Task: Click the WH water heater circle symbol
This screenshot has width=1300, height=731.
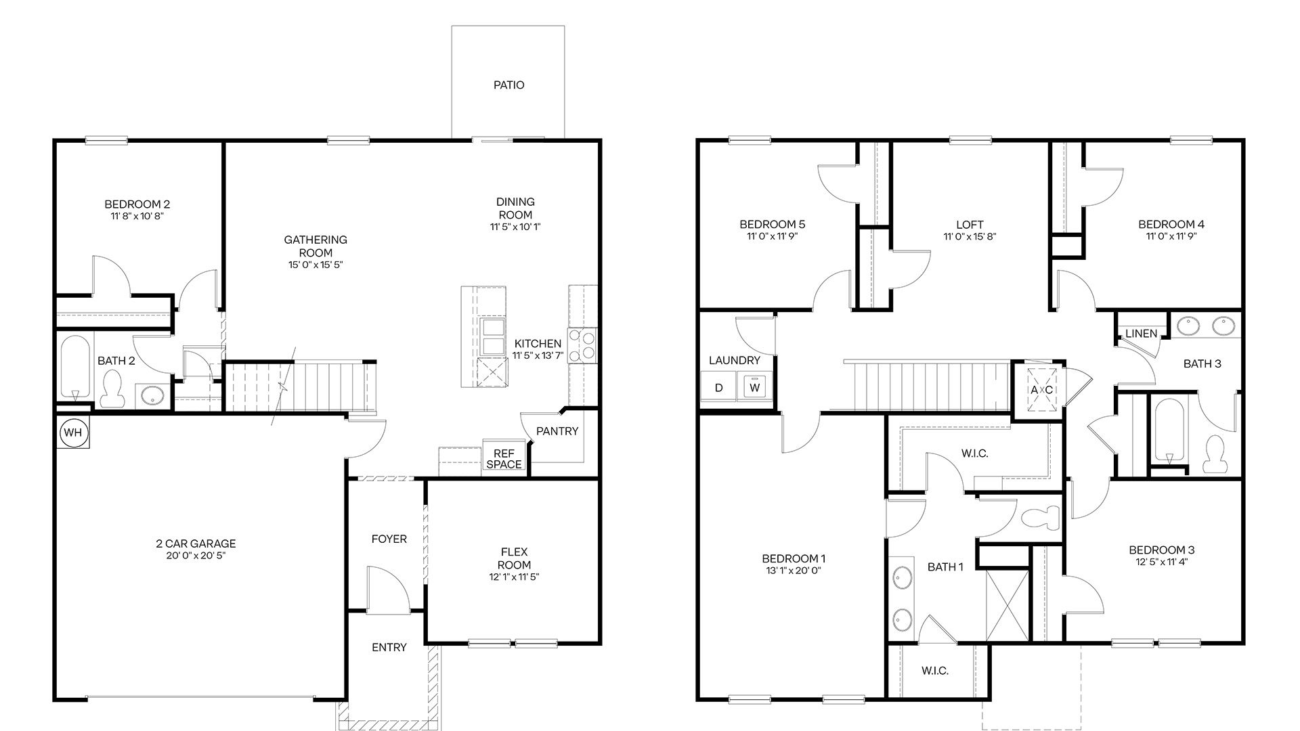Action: tap(74, 433)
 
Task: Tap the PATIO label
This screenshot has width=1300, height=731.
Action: tap(508, 85)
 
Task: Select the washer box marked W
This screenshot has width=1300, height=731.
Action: tap(755, 389)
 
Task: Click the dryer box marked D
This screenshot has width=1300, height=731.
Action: tap(719, 389)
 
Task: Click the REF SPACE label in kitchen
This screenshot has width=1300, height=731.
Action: tap(504, 458)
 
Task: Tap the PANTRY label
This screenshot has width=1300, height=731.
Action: tap(557, 431)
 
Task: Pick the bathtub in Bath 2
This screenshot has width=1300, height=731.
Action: tap(74, 368)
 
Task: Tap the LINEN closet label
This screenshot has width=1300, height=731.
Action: tap(1142, 334)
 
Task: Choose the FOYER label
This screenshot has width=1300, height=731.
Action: tap(389, 539)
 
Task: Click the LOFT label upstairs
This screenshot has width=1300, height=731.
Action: tap(970, 224)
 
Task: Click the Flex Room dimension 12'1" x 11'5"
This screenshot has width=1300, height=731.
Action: tap(514, 577)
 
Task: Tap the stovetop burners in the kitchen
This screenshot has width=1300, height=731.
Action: tap(582, 345)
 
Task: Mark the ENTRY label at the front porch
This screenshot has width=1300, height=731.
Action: tap(389, 648)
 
